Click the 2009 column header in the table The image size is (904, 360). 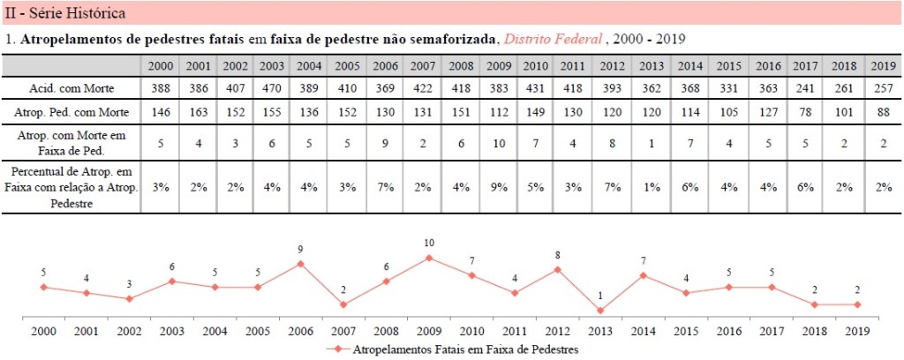click(499, 66)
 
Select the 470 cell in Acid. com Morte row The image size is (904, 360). click(273, 88)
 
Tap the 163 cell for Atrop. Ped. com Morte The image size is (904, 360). click(198, 113)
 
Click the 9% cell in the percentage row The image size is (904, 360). click(499, 186)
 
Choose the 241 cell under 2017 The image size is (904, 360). click(803, 88)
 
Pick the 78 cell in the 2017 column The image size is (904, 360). click(803, 113)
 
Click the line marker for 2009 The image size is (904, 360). click(429, 258)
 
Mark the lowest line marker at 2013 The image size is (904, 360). click(600, 311)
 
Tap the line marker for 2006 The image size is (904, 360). click(301, 263)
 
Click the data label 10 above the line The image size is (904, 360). click(429, 243)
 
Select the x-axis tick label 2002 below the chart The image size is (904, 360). click(130, 331)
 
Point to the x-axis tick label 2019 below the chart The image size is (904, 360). click(857, 331)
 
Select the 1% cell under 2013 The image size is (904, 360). click(652, 186)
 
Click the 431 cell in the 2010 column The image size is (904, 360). click(536, 88)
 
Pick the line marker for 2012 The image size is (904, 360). click(558, 269)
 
